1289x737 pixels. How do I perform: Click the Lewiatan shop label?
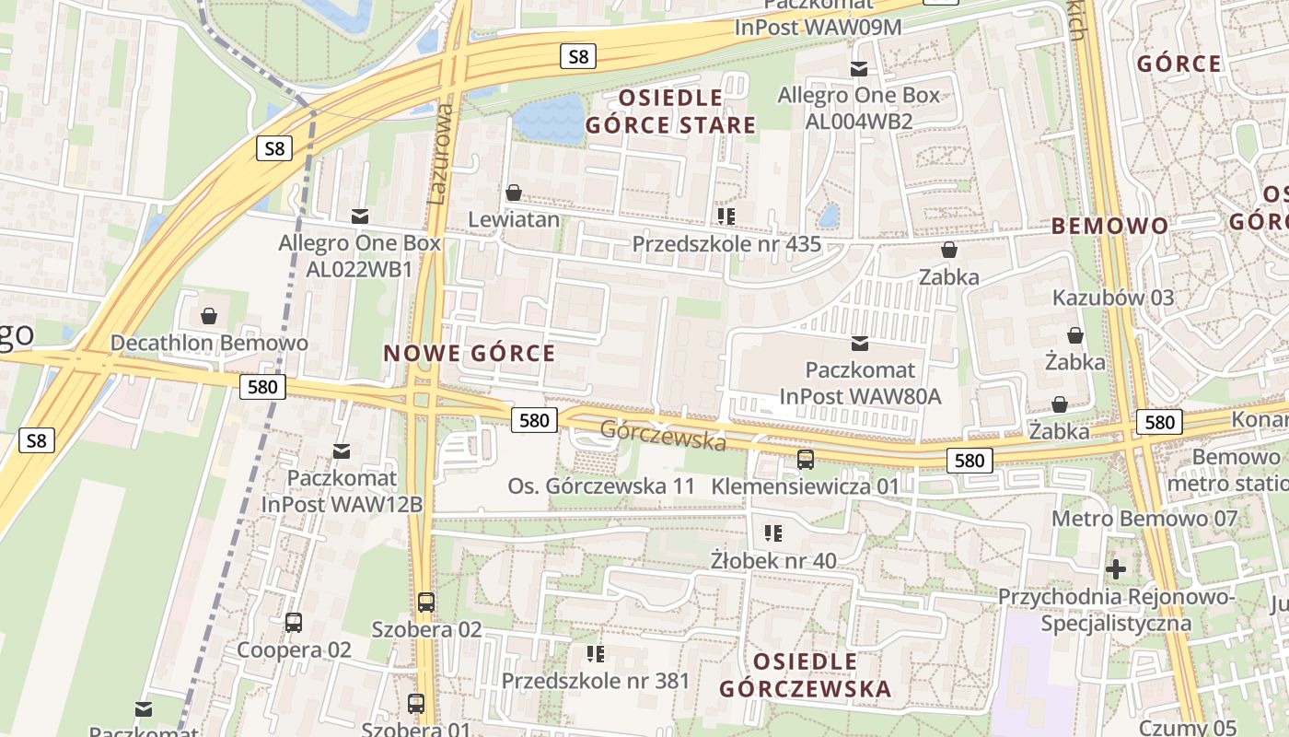[514, 219]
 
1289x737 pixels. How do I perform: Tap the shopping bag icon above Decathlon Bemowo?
[209, 317]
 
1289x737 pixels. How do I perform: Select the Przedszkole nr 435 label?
[726, 244]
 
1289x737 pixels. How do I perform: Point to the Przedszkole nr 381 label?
[595, 681]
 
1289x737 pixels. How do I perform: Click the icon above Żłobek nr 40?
[773, 532]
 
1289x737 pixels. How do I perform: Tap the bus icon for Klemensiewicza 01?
[806, 459]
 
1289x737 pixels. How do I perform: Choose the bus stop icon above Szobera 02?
[425, 602]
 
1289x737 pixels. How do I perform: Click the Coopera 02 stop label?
[294, 649]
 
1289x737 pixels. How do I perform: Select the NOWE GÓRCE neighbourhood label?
[469, 354]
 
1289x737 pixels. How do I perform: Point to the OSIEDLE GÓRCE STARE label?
[670, 111]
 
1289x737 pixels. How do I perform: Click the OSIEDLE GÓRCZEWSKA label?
[805, 675]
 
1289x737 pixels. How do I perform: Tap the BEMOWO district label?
[1109, 226]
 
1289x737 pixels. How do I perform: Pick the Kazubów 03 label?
[1113, 298]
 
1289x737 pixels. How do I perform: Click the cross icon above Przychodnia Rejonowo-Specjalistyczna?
[1116, 569]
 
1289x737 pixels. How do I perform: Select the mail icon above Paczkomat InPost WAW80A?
[860, 344]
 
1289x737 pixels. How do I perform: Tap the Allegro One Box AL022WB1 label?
[360, 256]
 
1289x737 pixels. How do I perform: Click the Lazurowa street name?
[441, 153]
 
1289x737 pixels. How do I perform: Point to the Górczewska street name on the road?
[663, 436]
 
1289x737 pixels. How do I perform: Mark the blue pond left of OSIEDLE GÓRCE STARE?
[549, 121]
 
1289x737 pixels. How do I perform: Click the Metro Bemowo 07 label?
[1144, 519]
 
